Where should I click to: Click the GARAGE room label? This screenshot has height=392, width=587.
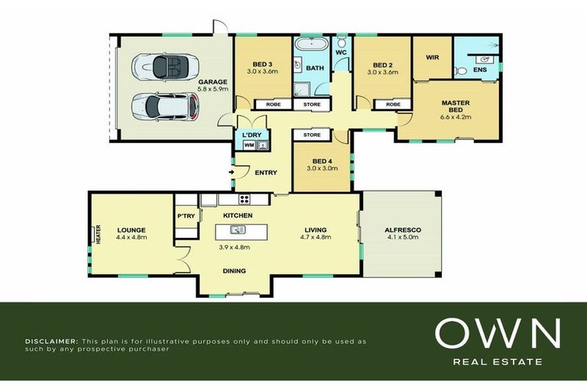212,82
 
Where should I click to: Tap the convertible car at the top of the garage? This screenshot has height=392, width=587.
165,67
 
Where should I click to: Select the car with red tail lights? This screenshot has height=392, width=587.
165,106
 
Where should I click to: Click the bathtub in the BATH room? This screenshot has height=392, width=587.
310,45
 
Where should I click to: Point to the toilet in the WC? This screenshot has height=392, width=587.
342,41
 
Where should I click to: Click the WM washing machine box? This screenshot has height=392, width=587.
249,145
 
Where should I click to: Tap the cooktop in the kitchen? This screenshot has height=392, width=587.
245,199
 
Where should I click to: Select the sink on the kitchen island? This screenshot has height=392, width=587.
238,229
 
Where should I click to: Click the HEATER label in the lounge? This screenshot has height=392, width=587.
99,235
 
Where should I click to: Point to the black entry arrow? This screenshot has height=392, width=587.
232,172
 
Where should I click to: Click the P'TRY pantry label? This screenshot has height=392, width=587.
186,216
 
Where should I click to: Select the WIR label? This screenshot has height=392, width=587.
433,57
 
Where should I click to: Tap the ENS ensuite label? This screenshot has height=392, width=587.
480,70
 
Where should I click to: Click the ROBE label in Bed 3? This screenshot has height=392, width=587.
274,104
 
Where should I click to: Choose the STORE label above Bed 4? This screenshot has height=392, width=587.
312,135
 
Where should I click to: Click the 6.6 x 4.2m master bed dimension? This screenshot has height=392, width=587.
456,116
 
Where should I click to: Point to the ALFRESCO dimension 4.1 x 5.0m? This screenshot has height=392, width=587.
403,237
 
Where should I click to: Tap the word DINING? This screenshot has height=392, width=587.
235,271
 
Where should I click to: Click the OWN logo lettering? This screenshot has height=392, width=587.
498,333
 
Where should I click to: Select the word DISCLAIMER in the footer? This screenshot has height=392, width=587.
50,341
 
